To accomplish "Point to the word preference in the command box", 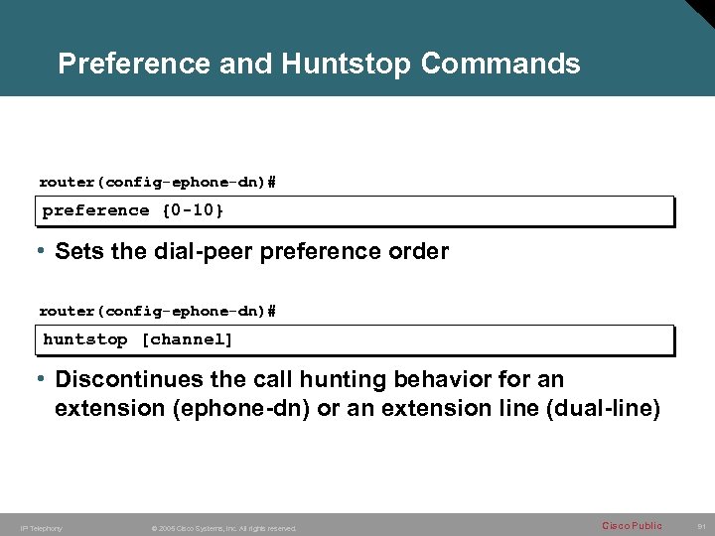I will [x=96, y=210].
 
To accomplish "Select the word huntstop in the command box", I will [x=85, y=339].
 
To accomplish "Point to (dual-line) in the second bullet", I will [x=608, y=408].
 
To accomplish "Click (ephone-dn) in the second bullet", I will [x=245, y=408].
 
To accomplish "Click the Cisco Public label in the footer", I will [x=632, y=525].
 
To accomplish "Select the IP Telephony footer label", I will [x=41, y=528].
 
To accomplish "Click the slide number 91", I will [x=700, y=526].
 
